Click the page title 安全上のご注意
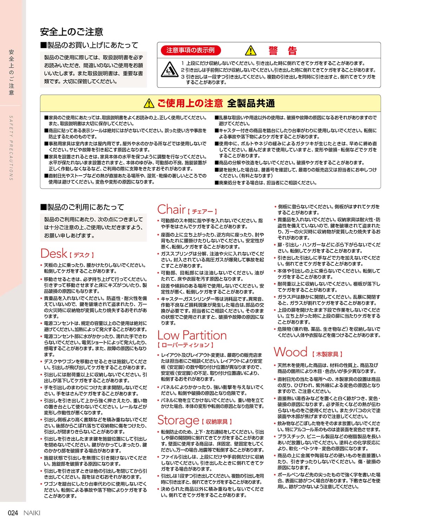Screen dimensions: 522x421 tap(72, 32)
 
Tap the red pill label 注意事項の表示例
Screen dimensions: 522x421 tap(190, 50)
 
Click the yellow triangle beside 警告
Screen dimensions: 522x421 tap(250, 51)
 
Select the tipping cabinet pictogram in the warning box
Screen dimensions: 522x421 tap(169, 69)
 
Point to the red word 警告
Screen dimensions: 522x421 tap(283, 51)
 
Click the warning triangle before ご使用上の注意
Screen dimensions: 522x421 tap(149, 103)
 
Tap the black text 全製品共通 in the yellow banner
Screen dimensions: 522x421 tap(251, 103)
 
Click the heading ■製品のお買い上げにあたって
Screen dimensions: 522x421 tap(89, 45)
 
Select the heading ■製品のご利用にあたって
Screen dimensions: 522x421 tap(82, 207)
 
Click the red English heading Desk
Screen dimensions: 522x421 tap(54, 253)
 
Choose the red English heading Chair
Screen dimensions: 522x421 tap(171, 209)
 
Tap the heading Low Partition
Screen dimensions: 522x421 tap(192, 335)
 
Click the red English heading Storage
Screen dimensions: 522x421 tap(178, 420)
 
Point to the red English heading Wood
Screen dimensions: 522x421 tap(290, 352)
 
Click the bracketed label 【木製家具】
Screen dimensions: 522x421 tap(327, 354)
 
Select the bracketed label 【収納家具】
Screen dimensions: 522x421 tap(216, 422)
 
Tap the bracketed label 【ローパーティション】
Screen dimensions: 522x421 tap(186, 345)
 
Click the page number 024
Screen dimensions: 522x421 tap(13, 513)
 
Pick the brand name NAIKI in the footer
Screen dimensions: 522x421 tap(32, 513)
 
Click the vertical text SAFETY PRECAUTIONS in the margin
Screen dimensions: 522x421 tap(11, 148)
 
